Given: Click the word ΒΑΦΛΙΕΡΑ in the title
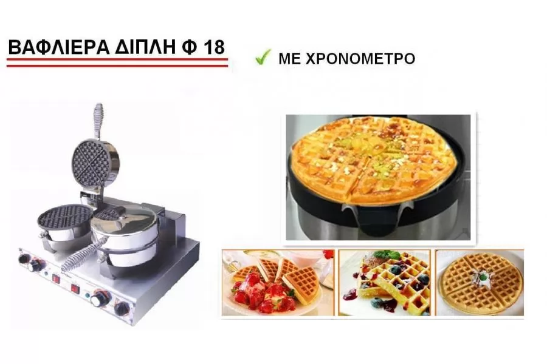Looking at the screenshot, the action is [58, 48].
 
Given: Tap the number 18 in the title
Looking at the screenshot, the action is [214, 48].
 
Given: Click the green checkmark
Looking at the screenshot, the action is [263, 57].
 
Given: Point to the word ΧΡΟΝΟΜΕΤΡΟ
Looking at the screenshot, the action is [360, 59].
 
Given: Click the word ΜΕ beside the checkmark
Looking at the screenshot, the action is [289, 59].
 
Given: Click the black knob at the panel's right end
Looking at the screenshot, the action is [122, 308].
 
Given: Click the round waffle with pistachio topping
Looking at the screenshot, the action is [374, 159].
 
